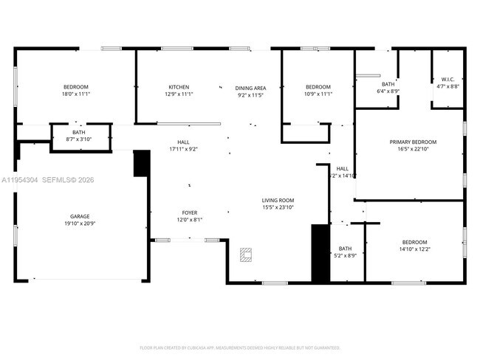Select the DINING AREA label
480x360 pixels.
pyautogui.click(x=250, y=86)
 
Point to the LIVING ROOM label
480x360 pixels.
pyautogui.click(x=278, y=200)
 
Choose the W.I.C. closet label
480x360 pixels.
pyautogui.click(x=448, y=79)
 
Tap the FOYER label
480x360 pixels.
pyautogui.click(x=190, y=212)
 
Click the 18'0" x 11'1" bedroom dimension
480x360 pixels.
pyautogui.click(x=75, y=94)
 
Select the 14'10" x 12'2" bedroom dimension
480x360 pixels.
pyautogui.click(x=414, y=249)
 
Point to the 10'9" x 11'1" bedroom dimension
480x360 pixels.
pyautogui.click(x=318, y=94)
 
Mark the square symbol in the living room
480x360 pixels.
pyautogui.click(x=246, y=256)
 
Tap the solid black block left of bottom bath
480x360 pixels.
pyautogui.click(x=320, y=253)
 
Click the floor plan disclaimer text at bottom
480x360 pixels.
pyautogui.click(x=240, y=347)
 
